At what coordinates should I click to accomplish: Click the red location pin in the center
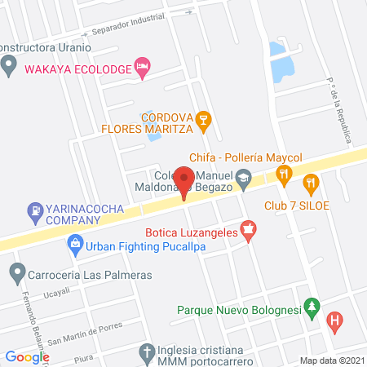point(185,181)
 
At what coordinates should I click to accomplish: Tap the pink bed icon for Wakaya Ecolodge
point(143,69)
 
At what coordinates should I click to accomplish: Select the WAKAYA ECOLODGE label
point(78,69)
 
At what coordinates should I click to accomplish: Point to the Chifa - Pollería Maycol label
point(245,157)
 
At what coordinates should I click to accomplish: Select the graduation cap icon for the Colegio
point(243,178)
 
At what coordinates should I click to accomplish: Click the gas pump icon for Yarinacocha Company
point(35,214)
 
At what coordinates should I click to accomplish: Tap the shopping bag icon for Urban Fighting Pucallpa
point(75,243)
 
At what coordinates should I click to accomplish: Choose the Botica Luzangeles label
point(192,232)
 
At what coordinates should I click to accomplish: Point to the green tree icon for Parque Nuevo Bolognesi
point(310,307)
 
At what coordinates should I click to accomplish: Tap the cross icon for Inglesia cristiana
point(147,353)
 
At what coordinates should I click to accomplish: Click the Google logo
point(28,356)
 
